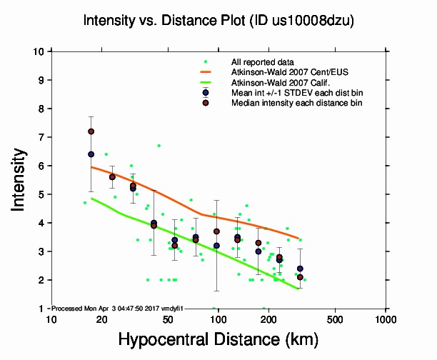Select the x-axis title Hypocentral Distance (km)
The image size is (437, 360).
[218, 340]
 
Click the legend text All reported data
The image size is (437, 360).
[263, 61]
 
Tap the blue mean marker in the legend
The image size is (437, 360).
[206, 92]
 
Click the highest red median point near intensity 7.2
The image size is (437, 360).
[91, 131]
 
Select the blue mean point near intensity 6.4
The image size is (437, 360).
[91, 154]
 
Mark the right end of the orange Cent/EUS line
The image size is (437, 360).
[298, 238]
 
